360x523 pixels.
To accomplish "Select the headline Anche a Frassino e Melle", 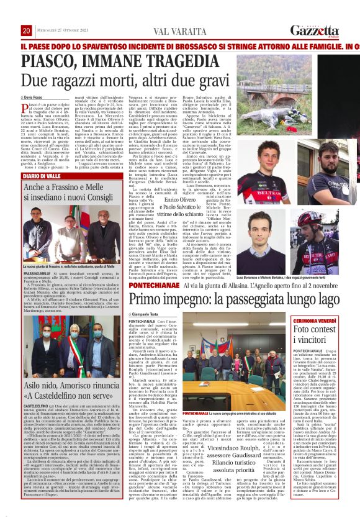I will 72,187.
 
